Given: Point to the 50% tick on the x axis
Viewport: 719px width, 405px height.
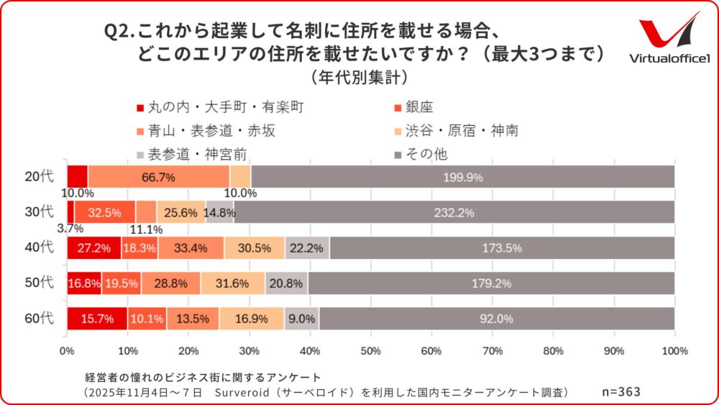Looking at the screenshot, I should pyautogui.click(x=371, y=351).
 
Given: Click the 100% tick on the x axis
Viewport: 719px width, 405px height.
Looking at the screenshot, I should pyautogui.click(x=674, y=351).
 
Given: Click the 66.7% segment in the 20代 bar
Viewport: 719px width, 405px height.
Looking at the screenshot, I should pyautogui.click(x=158, y=176).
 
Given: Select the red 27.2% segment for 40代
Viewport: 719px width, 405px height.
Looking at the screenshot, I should pyautogui.click(x=94, y=247).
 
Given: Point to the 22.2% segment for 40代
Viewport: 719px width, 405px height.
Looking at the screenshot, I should pyautogui.click(x=307, y=247).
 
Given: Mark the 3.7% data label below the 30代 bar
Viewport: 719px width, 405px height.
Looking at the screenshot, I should pyautogui.click(x=70, y=229).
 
